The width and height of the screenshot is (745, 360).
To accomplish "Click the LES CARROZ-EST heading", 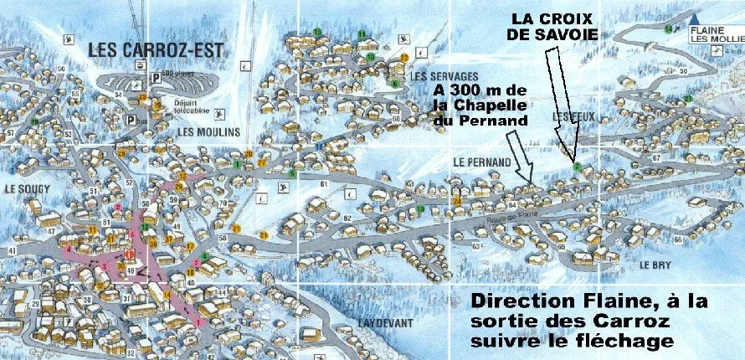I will point(157,50).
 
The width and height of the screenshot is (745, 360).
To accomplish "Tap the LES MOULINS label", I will point(208,132).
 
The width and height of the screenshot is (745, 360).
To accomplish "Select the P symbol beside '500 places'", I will point(155,78).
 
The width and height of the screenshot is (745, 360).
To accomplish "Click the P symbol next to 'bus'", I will point(131,120).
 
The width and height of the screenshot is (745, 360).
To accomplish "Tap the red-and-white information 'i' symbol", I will point(129,254).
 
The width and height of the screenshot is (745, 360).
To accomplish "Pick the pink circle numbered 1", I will point(198,321).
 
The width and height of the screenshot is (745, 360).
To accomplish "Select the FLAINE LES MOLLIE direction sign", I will point(714,33).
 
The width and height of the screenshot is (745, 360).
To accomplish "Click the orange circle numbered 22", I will point(403,58).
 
